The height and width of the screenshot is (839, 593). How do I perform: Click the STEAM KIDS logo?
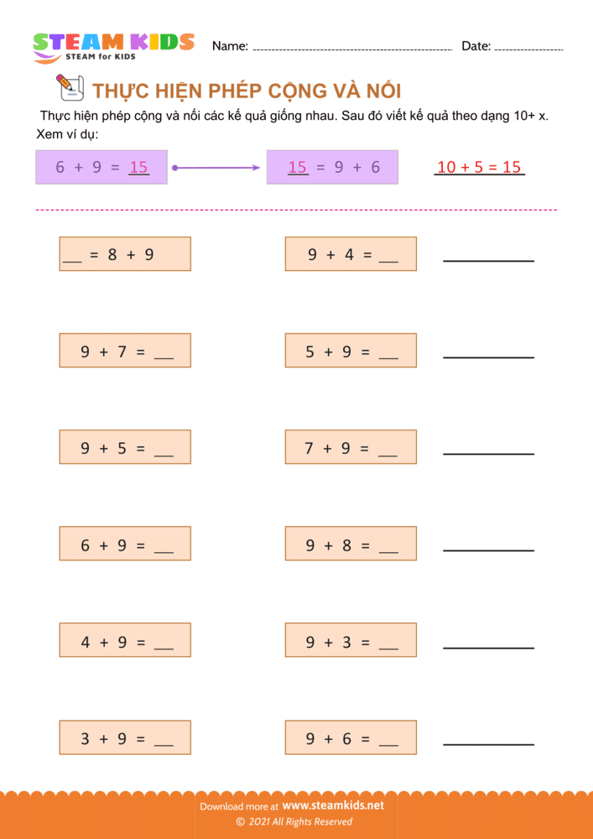113,45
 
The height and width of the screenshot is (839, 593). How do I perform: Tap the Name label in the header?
229,46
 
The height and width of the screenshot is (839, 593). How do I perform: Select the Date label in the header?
476,46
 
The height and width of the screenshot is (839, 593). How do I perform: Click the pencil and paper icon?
68,86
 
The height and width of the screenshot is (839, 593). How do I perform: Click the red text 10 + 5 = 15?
479,167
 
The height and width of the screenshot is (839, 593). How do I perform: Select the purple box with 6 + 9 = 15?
101,167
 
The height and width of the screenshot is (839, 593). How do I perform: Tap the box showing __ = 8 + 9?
125,253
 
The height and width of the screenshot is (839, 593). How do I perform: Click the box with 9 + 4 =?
351,253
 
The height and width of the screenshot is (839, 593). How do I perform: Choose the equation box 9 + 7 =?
125,351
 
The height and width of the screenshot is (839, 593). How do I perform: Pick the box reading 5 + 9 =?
351,351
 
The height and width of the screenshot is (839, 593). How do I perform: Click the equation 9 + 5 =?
125,447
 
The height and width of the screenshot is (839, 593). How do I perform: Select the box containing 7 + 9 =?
351,447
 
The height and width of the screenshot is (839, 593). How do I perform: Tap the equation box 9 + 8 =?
351,544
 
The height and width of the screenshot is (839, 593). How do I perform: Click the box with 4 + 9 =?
125,640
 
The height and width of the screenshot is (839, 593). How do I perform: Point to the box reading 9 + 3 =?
351,640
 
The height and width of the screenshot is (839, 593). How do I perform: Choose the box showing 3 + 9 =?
125,737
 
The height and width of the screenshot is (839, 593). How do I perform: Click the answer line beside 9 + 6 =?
488,743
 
